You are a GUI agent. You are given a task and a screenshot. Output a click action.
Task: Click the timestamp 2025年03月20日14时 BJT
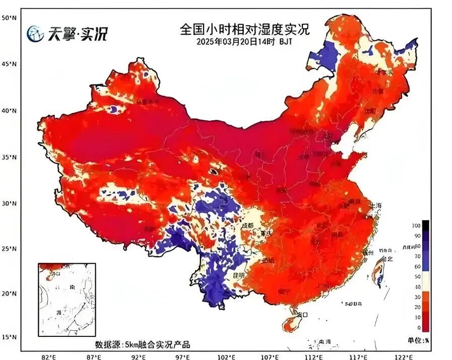[244, 42]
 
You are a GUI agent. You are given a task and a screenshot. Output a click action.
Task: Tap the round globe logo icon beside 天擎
[35, 34]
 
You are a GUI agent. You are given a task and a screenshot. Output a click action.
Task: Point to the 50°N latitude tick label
[9, 18]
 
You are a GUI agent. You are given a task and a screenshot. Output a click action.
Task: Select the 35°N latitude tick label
[9, 157]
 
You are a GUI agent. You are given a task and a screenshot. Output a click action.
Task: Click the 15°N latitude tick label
[9, 337]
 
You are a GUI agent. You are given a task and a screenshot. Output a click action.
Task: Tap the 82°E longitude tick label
[48, 356]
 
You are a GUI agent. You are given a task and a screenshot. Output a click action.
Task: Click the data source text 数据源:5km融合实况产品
[143, 345]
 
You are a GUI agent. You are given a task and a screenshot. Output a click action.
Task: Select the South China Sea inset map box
[67, 300]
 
